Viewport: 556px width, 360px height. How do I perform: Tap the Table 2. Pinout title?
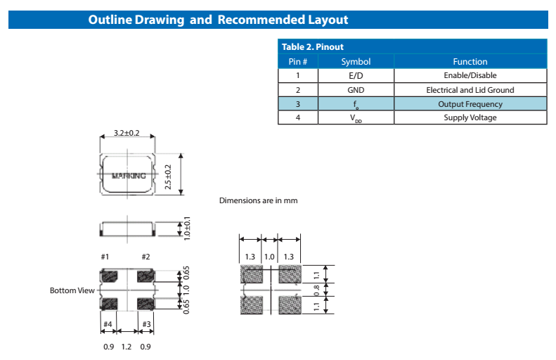[312, 47]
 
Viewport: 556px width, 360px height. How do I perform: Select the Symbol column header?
[356, 62]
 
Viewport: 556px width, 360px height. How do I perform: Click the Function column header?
[470, 62]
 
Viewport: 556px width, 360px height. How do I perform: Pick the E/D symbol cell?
[356, 76]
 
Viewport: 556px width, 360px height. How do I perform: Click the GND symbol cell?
[356, 90]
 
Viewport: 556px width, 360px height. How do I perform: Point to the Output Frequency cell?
[470, 104]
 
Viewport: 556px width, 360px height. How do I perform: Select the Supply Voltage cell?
[470, 117]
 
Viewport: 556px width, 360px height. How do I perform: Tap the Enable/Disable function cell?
[470, 76]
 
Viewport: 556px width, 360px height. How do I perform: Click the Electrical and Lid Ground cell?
[470, 90]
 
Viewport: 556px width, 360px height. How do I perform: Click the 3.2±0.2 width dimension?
[127, 133]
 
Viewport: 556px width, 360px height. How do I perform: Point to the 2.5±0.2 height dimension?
[167, 176]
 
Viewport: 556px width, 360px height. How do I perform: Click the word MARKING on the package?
[129, 176]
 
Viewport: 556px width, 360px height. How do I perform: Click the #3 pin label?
[147, 324]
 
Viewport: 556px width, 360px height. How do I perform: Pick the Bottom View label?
[72, 290]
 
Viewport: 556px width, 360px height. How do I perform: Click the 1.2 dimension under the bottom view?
[127, 346]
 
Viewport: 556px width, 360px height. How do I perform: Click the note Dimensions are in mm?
[258, 200]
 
